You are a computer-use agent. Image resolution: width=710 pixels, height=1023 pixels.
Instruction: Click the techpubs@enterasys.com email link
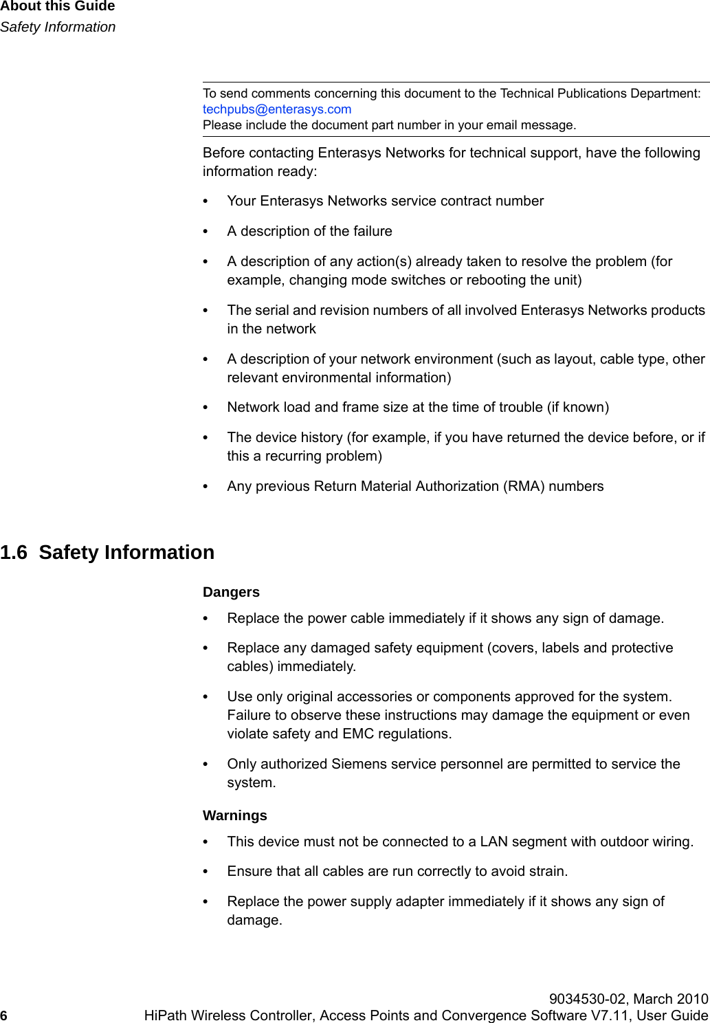[x=276, y=109]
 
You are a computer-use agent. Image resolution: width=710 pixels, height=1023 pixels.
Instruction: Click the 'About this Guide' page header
[x=58, y=6]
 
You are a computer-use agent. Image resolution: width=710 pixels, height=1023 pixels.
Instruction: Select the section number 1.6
[x=14, y=553]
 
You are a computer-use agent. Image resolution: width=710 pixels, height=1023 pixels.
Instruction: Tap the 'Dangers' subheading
[x=231, y=592]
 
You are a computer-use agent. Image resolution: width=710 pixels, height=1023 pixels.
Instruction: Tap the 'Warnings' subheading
[x=234, y=815]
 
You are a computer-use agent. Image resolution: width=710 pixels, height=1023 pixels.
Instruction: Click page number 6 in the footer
[x=4, y=1016]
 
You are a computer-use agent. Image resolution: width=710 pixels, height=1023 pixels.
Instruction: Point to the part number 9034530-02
[x=588, y=999]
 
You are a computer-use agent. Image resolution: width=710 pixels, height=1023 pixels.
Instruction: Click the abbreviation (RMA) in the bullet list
[x=524, y=487]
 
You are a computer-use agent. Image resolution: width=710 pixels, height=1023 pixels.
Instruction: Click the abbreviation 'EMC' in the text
[x=357, y=734]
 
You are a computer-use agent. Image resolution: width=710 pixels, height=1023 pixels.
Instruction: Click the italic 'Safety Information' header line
[x=58, y=27]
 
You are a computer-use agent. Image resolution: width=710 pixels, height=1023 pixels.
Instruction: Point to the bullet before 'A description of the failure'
[x=206, y=232]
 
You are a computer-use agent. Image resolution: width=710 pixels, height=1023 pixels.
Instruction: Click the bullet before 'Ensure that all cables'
[x=206, y=872]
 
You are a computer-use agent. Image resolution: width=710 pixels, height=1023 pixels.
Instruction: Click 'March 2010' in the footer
[x=671, y=999]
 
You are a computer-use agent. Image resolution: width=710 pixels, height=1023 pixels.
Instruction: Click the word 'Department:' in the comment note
[x=665, y=93]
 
